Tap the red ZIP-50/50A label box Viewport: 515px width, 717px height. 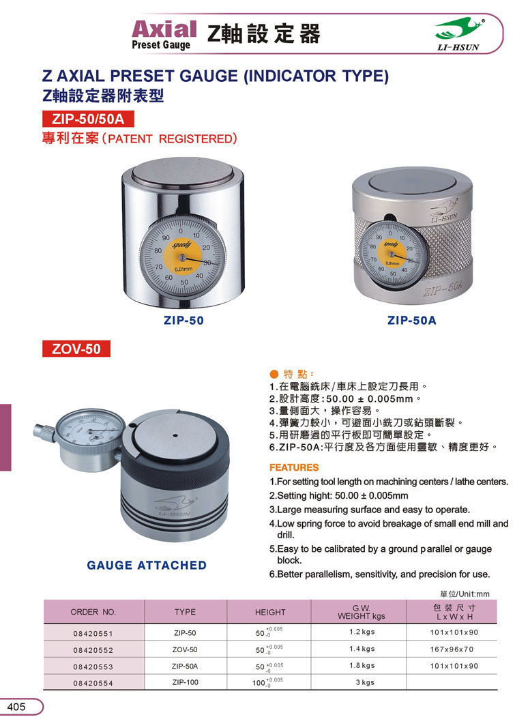point(88,119)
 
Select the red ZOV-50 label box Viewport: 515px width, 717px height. point(76,349)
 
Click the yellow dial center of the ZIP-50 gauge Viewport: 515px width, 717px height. point(181,257)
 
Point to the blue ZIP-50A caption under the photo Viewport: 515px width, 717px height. point(411,321)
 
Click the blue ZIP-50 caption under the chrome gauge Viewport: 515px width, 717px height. point(183,321)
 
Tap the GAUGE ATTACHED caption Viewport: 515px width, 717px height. point(147,565)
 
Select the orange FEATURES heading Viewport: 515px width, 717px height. point(293,467)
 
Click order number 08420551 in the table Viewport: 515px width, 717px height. point(93,634)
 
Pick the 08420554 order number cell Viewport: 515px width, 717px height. point(93,683)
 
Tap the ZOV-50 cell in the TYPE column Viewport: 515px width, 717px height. point(185,649)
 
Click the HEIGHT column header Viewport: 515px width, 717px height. point(270,613)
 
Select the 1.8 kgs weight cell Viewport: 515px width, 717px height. point(362,665)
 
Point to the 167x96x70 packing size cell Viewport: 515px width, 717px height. point(452,649)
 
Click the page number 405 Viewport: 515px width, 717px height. point(16,707)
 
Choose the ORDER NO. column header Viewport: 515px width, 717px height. point(93,612)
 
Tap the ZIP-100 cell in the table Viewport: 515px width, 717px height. point(186,682)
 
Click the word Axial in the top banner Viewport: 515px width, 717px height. point(164,29)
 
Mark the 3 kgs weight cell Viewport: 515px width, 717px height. point(365,682)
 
